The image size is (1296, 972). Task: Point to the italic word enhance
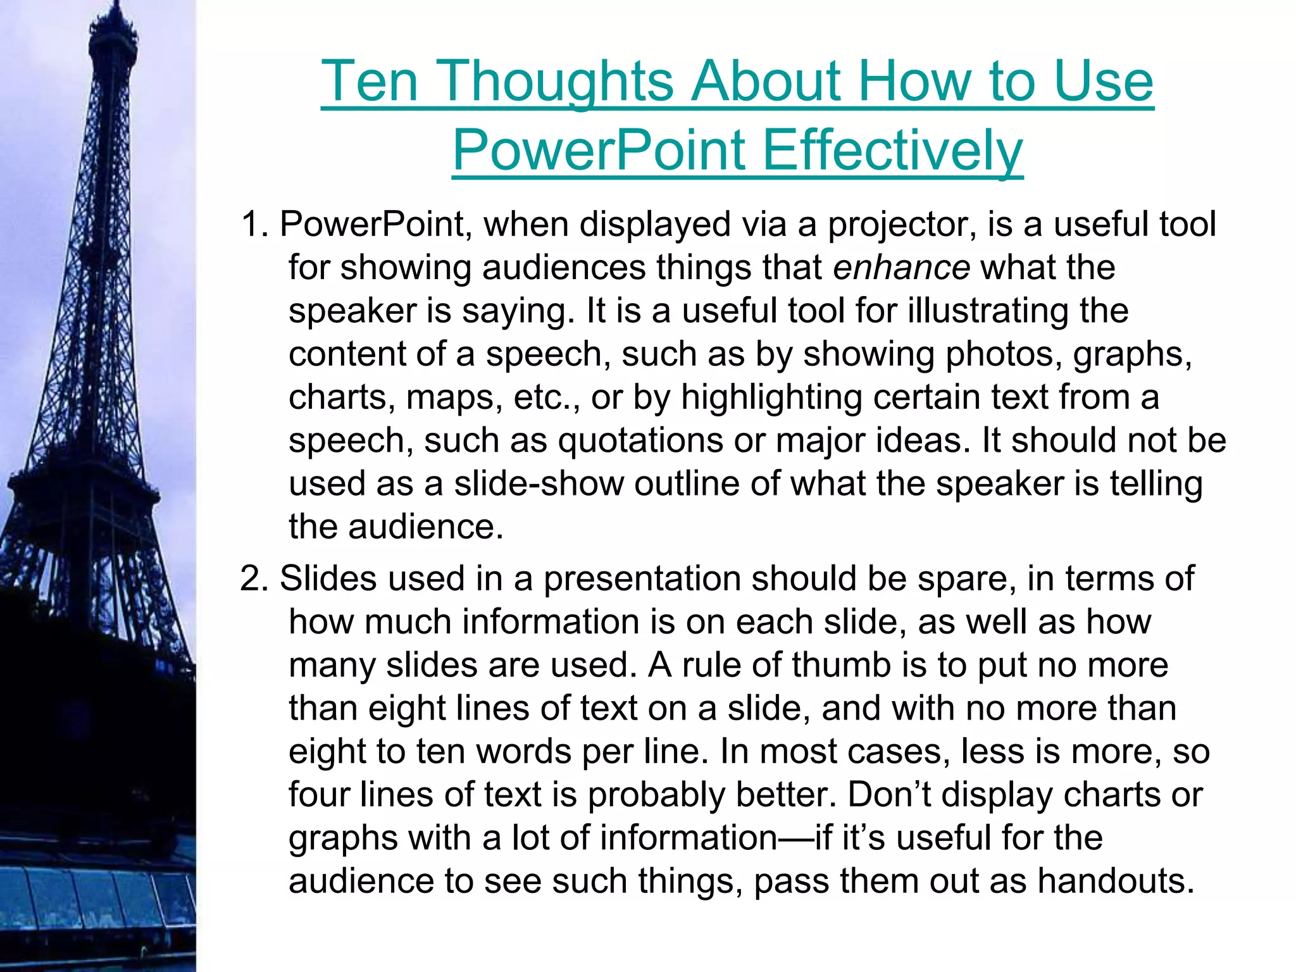[901, 268]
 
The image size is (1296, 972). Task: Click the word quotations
[640, 440]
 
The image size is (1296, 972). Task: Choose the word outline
[687, 484]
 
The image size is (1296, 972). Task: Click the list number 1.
[254, 225]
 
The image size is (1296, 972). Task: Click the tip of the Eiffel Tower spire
[116, 5]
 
